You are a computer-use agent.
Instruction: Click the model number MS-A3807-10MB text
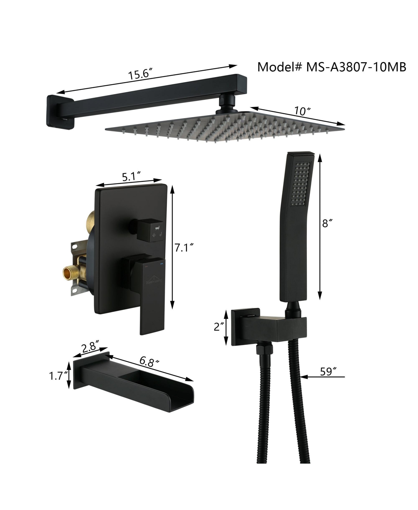click(356, 67)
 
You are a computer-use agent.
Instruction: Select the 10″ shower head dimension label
click(302, 111)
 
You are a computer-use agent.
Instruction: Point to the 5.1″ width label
click(131, 177)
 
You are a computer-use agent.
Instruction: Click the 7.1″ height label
click(184, 248)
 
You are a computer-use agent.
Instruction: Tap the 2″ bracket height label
click(218, 327)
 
